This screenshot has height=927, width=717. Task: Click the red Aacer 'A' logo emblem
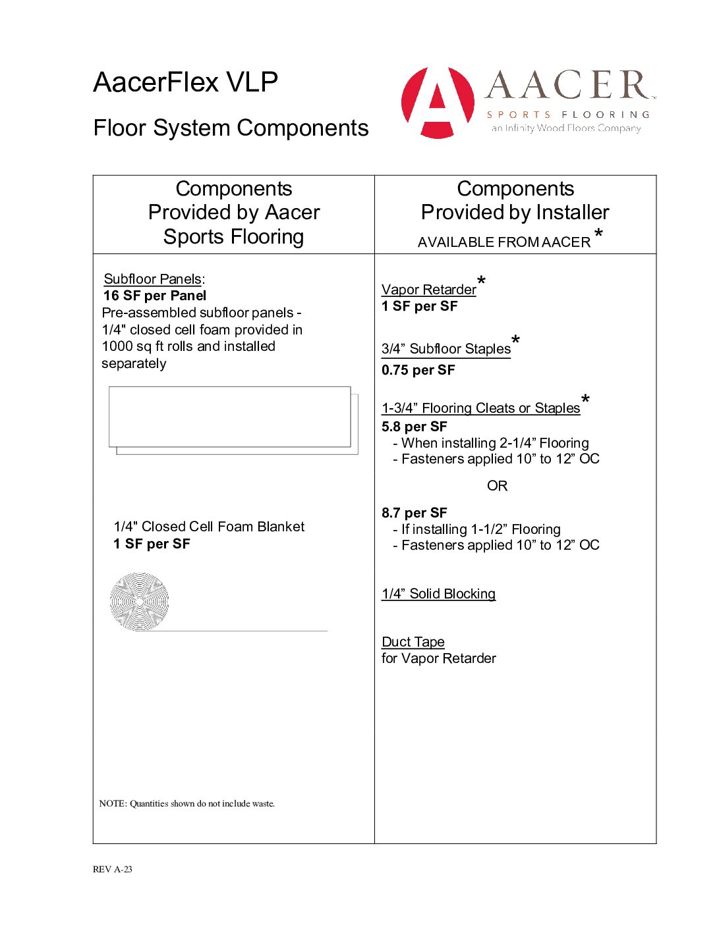click(x=438, y=102)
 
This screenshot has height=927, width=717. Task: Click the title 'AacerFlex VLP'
click(x=185, y=82)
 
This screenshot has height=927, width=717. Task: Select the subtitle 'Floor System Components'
click(x=231, y=128)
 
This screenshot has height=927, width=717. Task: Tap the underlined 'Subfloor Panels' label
click(x=152, y=279)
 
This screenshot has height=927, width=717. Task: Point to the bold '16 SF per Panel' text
click(x=155, y=296)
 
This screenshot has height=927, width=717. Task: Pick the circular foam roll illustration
click(x=139, y=601)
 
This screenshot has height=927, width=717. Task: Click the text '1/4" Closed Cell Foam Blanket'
click(x=209, y=527)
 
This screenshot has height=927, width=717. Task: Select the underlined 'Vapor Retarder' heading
click(x=428, y=290)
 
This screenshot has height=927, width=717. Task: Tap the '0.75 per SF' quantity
click(x=418, y=370)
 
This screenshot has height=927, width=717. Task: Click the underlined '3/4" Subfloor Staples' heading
click(x=446, y=349)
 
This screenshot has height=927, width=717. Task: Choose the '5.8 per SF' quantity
click(x=414, y=427)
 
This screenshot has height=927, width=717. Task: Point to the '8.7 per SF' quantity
click(x=414, y=513)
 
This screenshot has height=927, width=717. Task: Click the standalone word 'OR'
click(x=497, y=486)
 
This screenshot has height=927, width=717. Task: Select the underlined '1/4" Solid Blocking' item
click(x=438, y=594)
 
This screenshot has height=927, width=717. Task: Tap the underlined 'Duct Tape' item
click(x=413, y=642)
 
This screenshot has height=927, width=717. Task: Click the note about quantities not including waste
click(x=187, y=803)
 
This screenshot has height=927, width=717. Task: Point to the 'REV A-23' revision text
click(x=113, y=869)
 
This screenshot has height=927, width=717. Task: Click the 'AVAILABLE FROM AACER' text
click(x=504, y=242)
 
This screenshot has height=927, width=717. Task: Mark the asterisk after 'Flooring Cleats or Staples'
click(x=585, y=400)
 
